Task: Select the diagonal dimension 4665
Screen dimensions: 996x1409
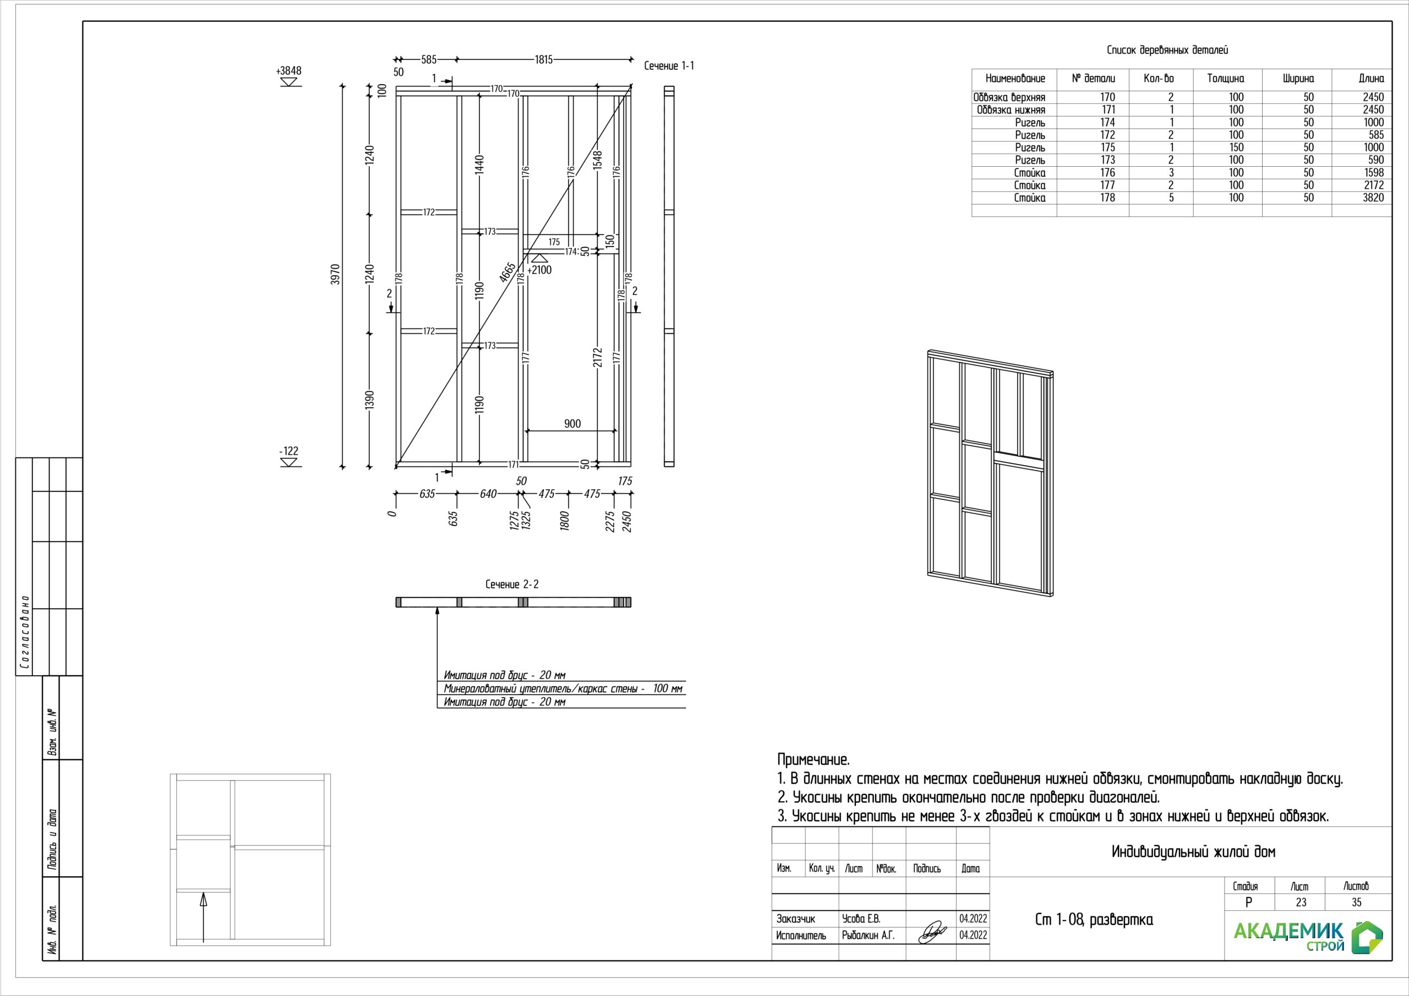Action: pos(507,272)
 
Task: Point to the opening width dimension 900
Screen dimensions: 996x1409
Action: pos(572,424)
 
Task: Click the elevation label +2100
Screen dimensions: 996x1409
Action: pos(539,270)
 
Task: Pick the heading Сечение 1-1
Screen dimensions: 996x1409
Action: pos(669,65)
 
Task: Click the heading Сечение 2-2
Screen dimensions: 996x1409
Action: pos(512,584)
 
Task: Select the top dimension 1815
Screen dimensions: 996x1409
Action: pos(544,59)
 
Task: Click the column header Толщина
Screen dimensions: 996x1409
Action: pos(1226,79)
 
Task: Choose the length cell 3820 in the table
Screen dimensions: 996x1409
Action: pos(1373,198)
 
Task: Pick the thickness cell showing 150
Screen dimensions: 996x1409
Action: pos(1236,147)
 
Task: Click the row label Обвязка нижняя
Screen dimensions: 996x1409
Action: pos(1011,110)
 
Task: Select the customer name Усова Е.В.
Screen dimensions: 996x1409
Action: pos(861,918)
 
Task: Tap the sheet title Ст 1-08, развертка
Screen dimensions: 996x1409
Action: pos(1094,920)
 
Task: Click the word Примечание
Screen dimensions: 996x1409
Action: pos(813,760)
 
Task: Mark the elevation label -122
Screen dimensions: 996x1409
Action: pos(288,451)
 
